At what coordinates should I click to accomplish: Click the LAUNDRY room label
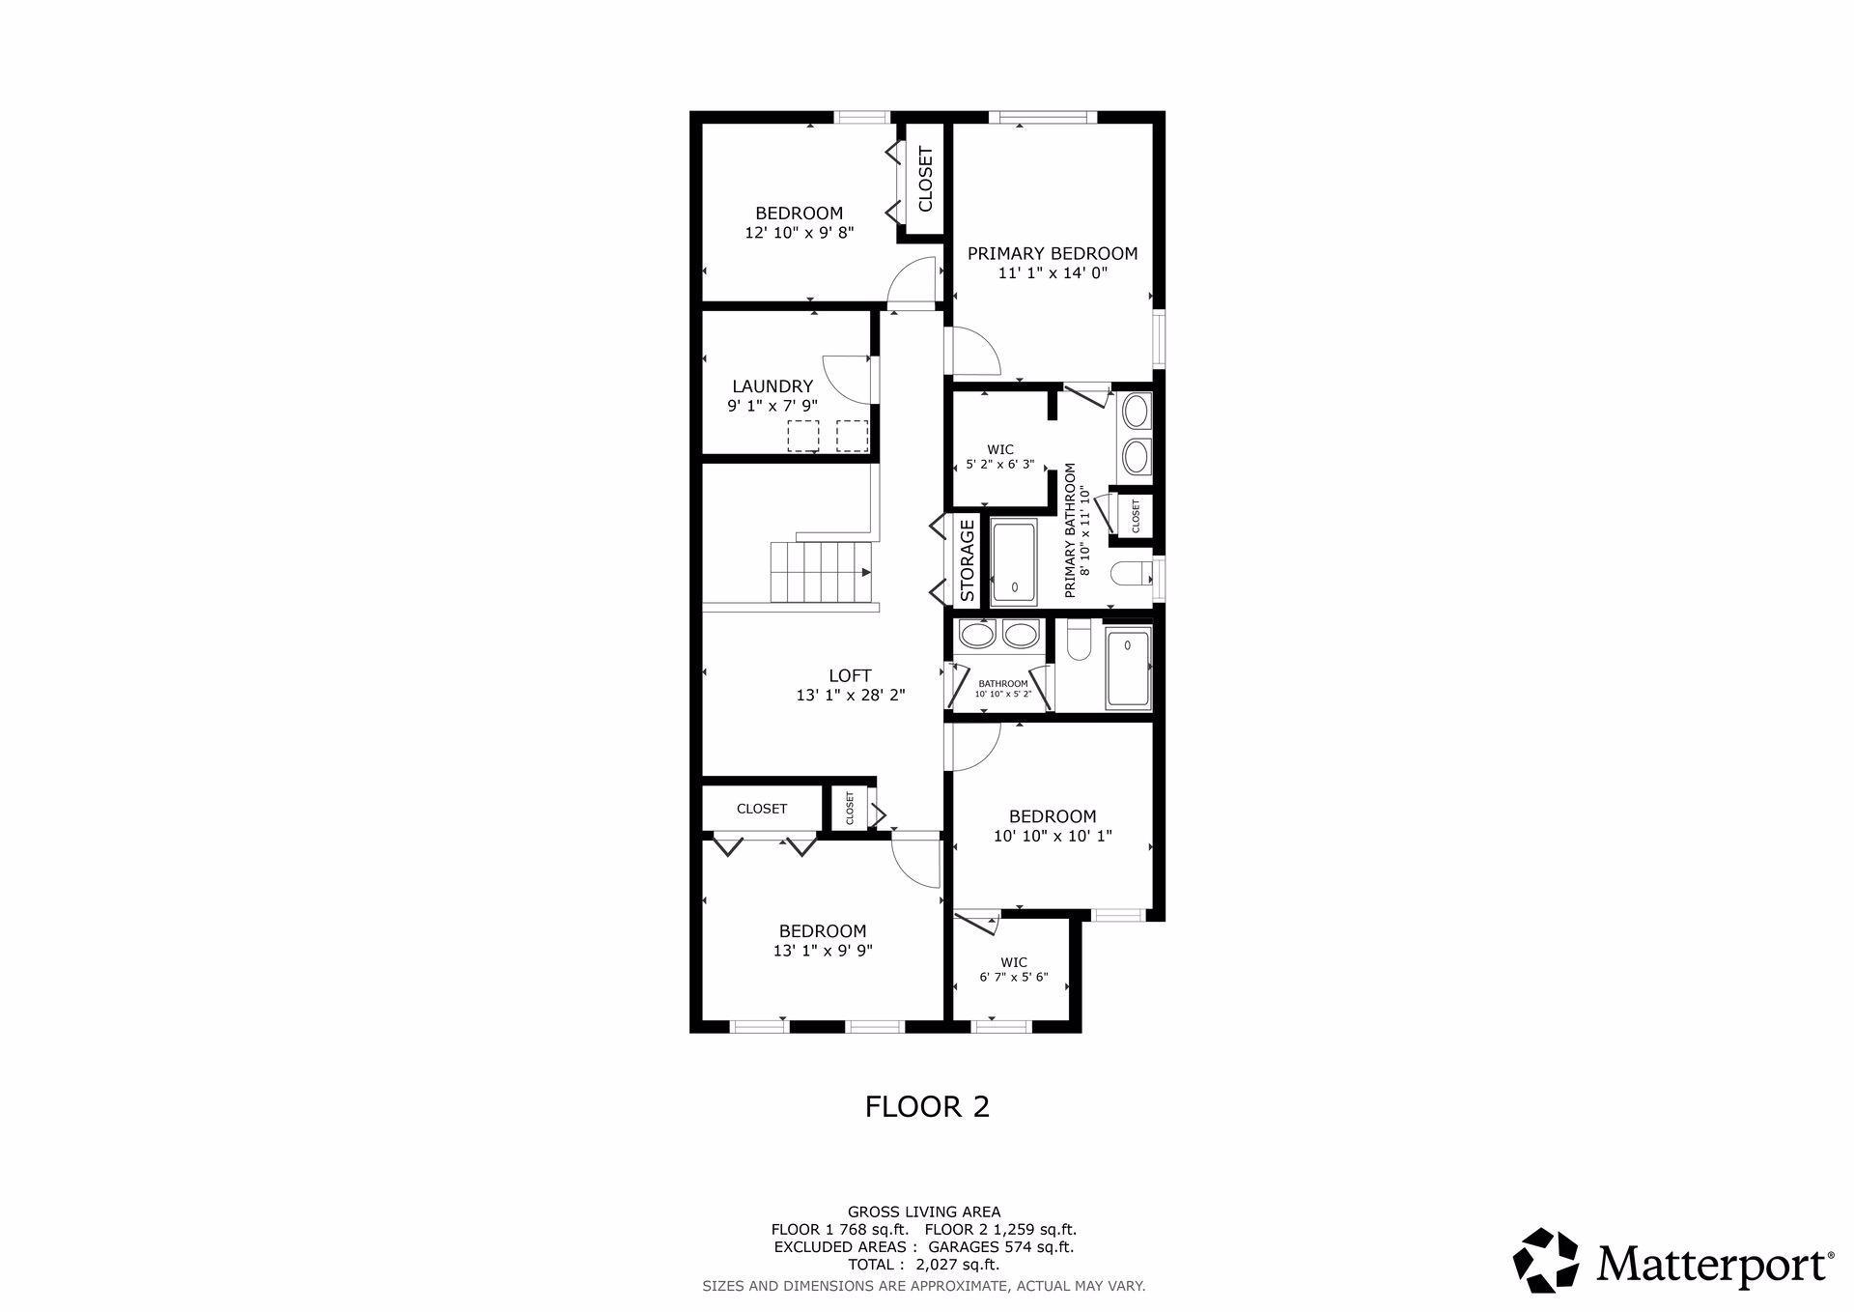point(772,386)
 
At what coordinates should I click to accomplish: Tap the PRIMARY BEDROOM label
point(1053,253)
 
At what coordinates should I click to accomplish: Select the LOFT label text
point(850,676)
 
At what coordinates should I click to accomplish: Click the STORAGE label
point(968,561)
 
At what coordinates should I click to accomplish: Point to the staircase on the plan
point(821,571)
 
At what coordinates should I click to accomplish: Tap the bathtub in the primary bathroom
point(1014,562)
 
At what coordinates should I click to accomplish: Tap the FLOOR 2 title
point(927,1106)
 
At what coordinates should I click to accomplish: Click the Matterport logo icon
point(1546,1260)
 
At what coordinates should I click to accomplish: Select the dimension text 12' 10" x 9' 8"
point(800,233)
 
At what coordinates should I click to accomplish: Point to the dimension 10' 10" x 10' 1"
point(1053,836)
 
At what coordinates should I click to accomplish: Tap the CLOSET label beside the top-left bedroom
point(925,179)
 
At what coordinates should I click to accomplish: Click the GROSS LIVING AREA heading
point(924,1212)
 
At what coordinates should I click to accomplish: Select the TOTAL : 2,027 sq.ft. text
point(924,1265)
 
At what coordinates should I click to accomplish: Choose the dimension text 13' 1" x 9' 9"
point(823,951)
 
